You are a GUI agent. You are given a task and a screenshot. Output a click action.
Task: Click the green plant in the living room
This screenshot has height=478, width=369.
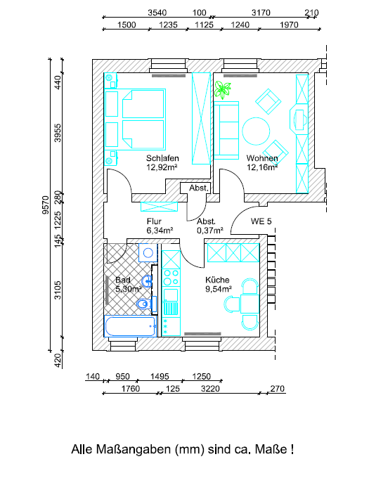tap(222, 90)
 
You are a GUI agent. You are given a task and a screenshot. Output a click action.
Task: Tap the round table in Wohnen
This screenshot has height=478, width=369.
tap(256, 131)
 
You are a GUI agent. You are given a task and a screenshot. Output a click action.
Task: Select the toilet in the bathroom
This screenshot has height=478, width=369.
tap(144, 304)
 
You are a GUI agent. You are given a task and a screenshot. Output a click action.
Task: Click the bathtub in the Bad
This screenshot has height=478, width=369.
tap(131, 326)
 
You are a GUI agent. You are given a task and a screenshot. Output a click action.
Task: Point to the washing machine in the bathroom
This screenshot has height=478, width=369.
tap(148, 253)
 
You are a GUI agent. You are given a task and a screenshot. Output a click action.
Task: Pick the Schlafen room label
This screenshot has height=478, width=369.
tap(162, 158)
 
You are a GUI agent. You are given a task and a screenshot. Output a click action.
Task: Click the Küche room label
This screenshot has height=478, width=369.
tap(217, 280)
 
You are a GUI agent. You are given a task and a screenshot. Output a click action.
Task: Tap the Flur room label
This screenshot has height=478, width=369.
tap(154, 221)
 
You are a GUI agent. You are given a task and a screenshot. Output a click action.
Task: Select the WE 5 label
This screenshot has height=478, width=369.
tap(261, 221)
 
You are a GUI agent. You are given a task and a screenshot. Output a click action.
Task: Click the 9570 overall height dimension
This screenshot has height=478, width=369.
tap(46, 205)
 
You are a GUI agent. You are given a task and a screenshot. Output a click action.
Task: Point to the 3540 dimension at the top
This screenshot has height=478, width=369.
tap(157, 13)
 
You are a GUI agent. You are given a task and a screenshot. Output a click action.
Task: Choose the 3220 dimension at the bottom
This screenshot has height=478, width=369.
tap(210, 389)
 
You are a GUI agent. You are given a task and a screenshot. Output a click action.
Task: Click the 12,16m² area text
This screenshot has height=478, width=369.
tap(262, 167)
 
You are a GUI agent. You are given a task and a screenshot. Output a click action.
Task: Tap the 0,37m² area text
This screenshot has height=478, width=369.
tap(210, 231)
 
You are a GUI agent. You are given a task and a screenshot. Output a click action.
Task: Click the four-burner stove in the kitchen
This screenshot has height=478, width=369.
tap(171, 278)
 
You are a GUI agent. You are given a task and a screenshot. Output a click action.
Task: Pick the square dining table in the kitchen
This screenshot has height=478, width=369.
tap(250, 304)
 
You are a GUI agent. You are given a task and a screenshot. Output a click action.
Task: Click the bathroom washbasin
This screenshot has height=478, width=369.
tap(147, 280)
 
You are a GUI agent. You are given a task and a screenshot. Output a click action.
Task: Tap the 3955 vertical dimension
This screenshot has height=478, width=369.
tap(58, 133)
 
